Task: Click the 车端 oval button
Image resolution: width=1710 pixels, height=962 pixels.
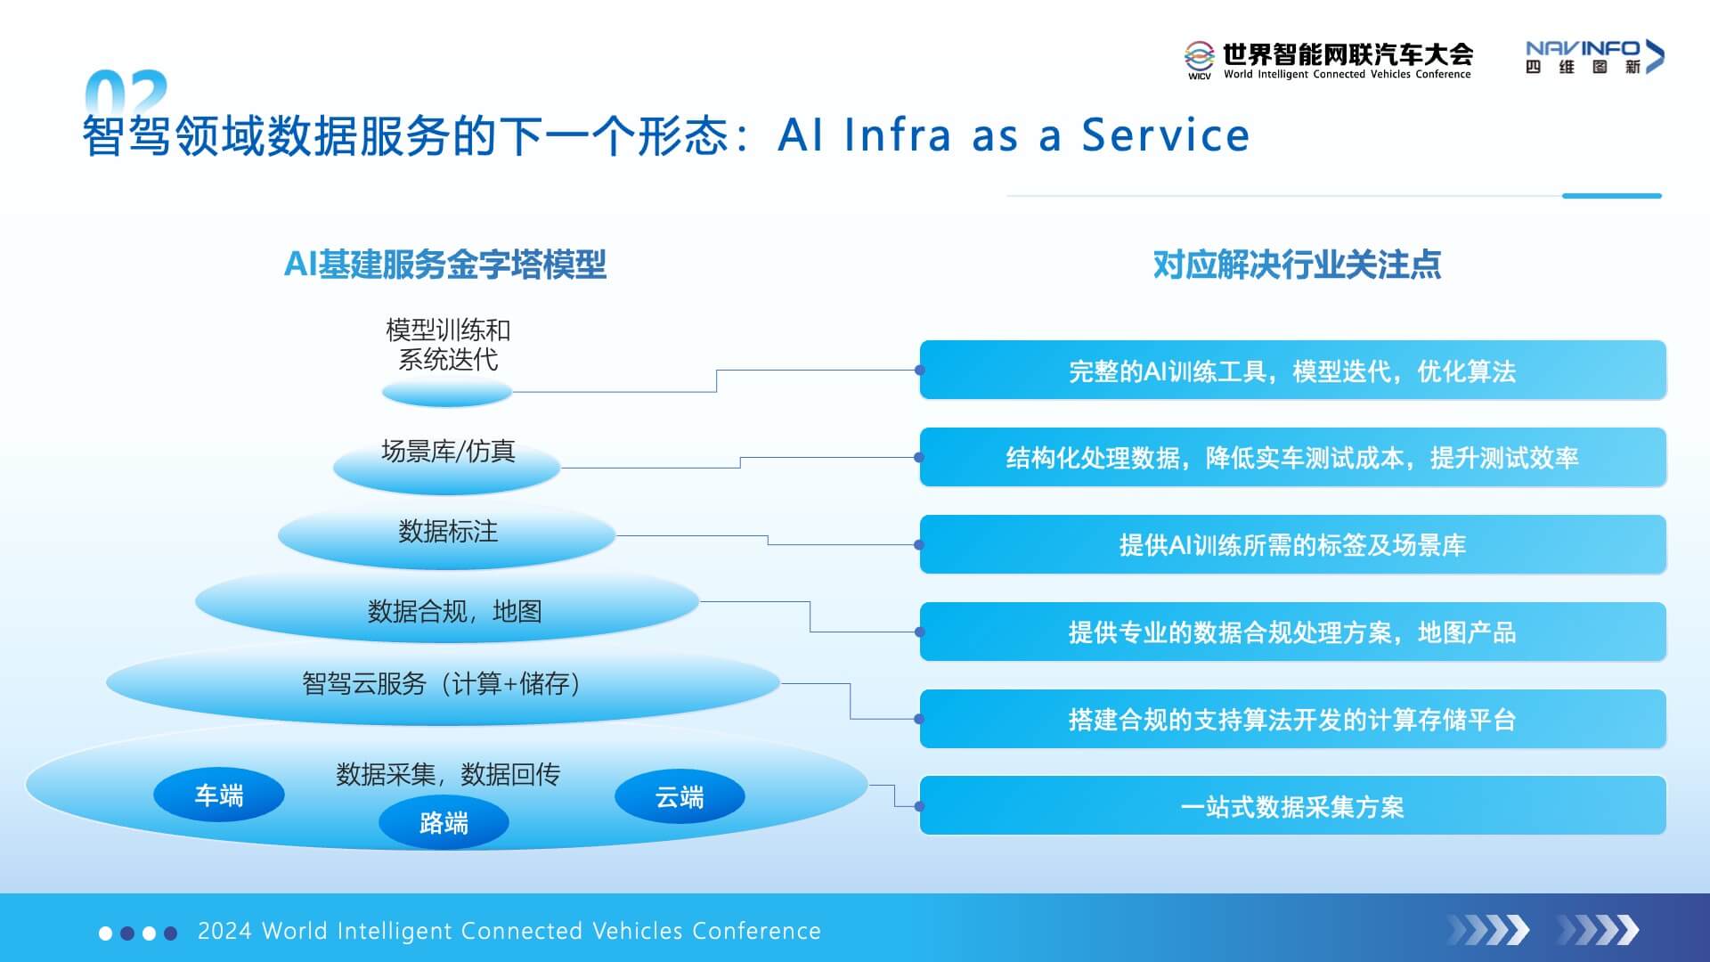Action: [x=219, y=795]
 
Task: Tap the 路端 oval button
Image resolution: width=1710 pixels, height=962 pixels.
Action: [x=444, y=822]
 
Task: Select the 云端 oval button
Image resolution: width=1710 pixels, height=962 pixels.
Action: [x=680, y=796]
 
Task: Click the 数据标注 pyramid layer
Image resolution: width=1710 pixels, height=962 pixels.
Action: [x=447, y=533]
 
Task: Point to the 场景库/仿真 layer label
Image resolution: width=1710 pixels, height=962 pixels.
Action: [x=448, y=452]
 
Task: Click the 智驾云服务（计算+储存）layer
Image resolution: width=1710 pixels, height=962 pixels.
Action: [x=443, y=684]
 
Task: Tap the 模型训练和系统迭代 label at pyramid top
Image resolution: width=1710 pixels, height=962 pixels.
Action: [x=448, y=345]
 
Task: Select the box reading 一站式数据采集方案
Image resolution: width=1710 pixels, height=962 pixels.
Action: [x=1292, y=806]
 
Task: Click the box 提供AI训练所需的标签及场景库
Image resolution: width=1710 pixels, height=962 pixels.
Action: [x=1292, y=544]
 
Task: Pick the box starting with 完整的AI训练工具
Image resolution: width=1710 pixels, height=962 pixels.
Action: [x=1292, y=371]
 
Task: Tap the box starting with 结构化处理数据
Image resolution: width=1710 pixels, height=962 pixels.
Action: [x=1292, y=458]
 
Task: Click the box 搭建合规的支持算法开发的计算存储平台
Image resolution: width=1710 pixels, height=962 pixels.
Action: [x=1292, y=719]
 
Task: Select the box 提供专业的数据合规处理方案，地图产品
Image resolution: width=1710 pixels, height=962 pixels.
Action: [x=1292, y=632]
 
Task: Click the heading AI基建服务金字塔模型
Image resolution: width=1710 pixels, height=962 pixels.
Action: [x=445, y=265]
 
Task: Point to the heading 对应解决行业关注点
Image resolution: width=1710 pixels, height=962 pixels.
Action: [x=1297, y=265]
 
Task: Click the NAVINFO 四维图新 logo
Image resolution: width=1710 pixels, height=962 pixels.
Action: [x=1594, y=57]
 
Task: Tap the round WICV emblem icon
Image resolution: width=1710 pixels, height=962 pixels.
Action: [x=1199, y=56]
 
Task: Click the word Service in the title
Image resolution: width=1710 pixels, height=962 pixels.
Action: [x=1165, y=136]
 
